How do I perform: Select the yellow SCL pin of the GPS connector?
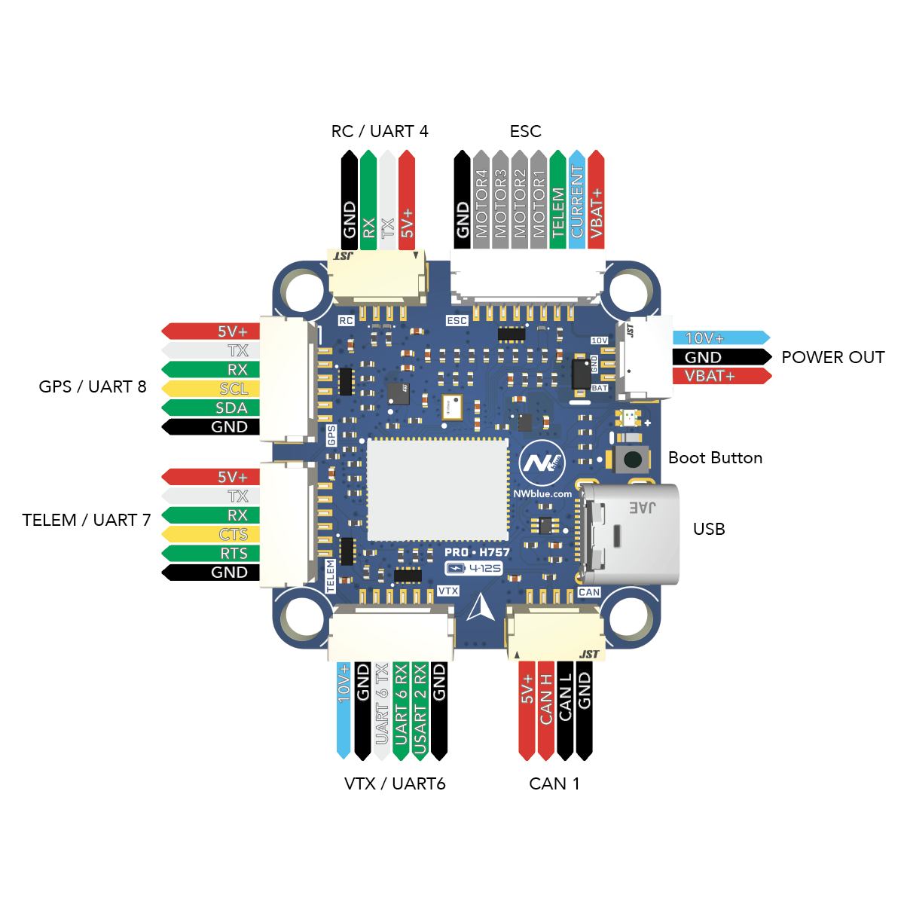(211, 389)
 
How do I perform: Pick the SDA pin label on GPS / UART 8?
(211, 408)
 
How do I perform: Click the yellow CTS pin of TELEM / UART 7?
(211, 534)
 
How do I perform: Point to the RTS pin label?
(211, 553)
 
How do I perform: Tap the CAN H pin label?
(545, 708)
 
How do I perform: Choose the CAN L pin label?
(565, 708)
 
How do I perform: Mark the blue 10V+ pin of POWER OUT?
(719, 338)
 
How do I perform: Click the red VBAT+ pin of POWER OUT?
(719, 376)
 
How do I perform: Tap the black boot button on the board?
(633, 459)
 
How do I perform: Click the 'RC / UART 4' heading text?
(380, 132)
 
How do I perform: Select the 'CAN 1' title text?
(554, 784)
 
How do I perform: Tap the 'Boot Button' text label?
(715, 458)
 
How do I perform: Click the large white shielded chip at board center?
(437, 490)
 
